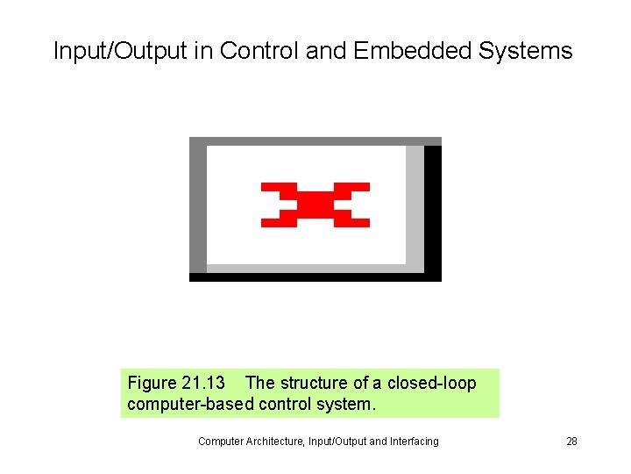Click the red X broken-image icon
tap(315, 205)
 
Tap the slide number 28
tap(571, 442)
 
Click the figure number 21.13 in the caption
tap(202, 384)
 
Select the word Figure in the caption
tap(152, 384)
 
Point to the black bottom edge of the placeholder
tap(315, 276)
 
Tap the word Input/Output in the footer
tap(332, 442)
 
